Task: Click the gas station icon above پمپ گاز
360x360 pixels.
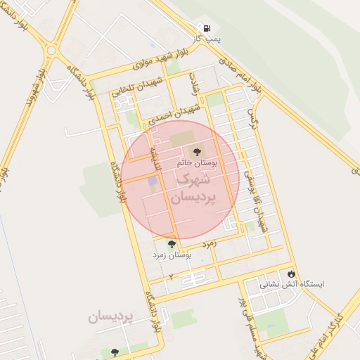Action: [x=207, y=28]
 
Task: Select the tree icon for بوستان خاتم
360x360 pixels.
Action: [x=196, y=150]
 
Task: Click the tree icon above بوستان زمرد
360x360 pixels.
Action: [x=172, y=244]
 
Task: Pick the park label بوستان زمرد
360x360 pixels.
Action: [x=172, y=256]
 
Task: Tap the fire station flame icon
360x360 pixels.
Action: [x=292, y=274]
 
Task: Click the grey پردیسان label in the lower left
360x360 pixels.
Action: [x=110, y=317]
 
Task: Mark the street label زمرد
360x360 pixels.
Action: [x=207, y=243]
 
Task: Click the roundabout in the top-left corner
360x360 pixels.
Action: [x=51, y=50]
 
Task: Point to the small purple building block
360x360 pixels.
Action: [x=153, y=181]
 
